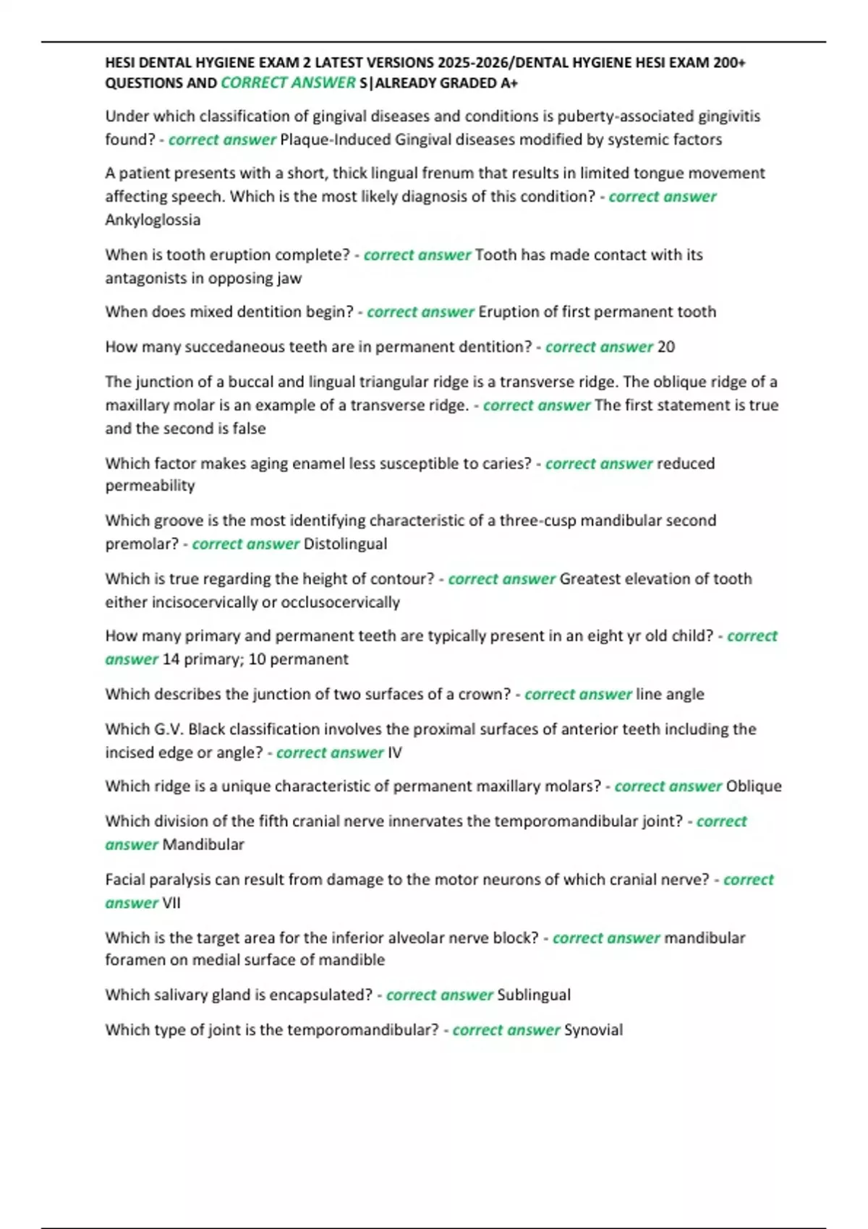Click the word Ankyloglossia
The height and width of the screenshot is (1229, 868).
click(x=153, y=220)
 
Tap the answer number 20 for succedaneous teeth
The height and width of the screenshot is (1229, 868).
click(x=666, y=347)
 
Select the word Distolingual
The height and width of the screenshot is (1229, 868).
click(x=345, y=544)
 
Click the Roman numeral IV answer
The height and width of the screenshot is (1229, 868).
click(x=394, y=753)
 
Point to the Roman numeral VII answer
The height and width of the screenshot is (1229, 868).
click(x=171, y=903)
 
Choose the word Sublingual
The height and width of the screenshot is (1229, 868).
click(x=534, y=995)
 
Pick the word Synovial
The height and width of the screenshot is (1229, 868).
click(x=593, y=1030)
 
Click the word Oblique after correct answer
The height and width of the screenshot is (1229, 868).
click(x=754, y=787)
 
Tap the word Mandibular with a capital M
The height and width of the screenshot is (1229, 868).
click(x=203, y=844)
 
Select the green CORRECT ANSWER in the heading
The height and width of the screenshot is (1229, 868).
click(x=288, y=83)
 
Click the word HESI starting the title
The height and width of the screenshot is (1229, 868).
click(x=121, y=63)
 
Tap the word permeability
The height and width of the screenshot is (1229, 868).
click(x=150, y=486)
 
